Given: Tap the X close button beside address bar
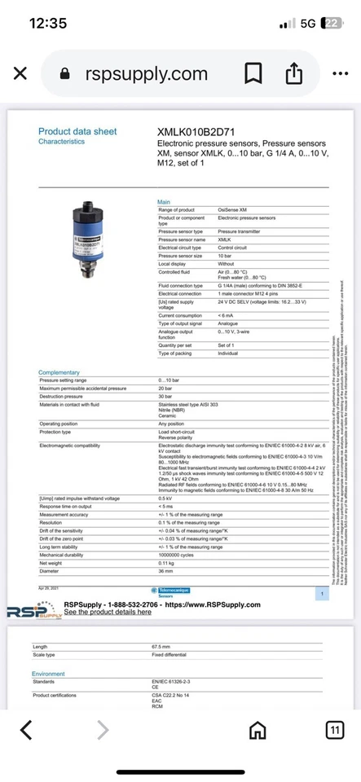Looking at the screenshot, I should coord(20,74).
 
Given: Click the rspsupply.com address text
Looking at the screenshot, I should coord(146,74).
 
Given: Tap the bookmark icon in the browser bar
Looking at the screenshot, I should coord(253,74).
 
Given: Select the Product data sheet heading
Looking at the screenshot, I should coord(77,131).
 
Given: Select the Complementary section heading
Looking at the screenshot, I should coord(59,372).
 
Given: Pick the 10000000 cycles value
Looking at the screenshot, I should coord(179,555).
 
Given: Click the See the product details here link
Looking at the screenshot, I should coord(108,612).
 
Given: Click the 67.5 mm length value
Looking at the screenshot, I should coord(165,646).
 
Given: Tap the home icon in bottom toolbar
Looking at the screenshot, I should coord(258,729).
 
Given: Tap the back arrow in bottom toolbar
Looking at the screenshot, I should coord(27,729).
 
